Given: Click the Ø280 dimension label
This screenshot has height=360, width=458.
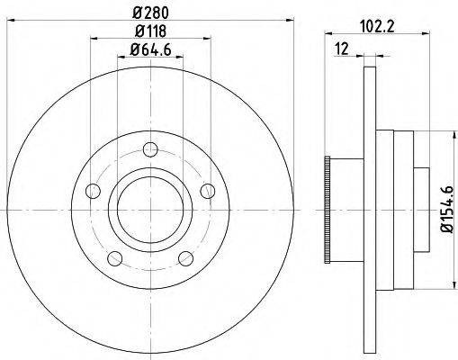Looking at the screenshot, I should coord(149,12).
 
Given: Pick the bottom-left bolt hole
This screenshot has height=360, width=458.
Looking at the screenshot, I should coord(114,258).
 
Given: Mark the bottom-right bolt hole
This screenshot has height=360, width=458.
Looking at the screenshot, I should coord(185,258).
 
